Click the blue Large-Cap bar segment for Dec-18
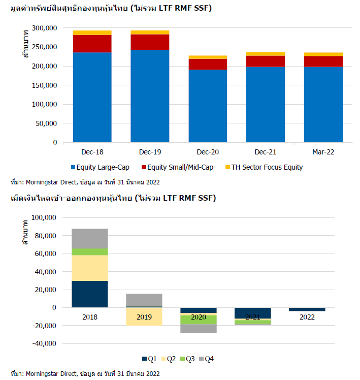92,97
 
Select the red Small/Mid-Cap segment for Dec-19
150,42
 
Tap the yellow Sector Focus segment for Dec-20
207,57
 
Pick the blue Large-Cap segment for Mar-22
323,104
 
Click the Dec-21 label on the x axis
265,152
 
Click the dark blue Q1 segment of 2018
90,294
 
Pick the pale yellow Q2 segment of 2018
90,268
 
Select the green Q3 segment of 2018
90,252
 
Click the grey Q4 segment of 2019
144,300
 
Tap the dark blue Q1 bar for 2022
307,309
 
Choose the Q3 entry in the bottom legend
187,359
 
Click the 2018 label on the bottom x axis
90,317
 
